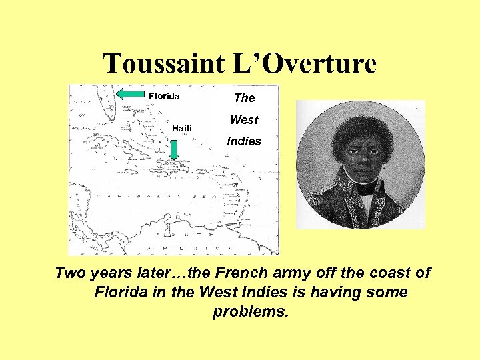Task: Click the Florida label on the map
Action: [164, 96]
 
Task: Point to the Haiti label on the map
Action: [181, 128]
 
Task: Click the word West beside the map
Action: [244, 120]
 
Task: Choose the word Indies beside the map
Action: [244, 141]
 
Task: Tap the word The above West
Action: [244, 98]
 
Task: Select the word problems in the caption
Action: [251, 312]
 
